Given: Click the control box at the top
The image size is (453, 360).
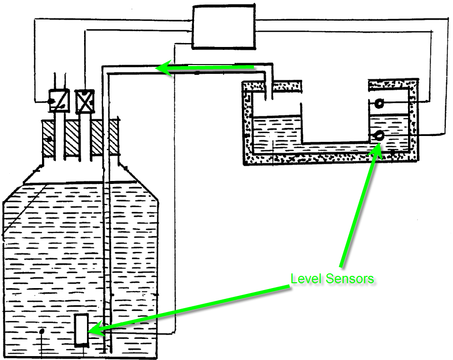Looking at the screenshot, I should point(224,27).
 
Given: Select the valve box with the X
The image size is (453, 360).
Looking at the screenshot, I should point(86,101).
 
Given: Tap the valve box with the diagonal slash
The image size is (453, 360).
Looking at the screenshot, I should point(59,101).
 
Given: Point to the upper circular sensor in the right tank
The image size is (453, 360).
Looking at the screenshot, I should point(379,103).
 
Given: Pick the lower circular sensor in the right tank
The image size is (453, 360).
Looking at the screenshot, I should point(378,136).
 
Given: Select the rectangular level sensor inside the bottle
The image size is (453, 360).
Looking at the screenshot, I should point(81,330).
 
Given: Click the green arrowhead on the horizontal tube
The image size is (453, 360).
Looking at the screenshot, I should point(163,69).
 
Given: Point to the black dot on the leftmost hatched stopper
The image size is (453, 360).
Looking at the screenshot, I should point(49,140).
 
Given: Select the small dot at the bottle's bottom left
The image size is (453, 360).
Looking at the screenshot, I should point(42,331).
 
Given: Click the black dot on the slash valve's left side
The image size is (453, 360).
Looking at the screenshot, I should point(51,102).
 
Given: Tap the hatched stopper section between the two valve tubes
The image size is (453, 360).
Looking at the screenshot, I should point(72,139).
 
